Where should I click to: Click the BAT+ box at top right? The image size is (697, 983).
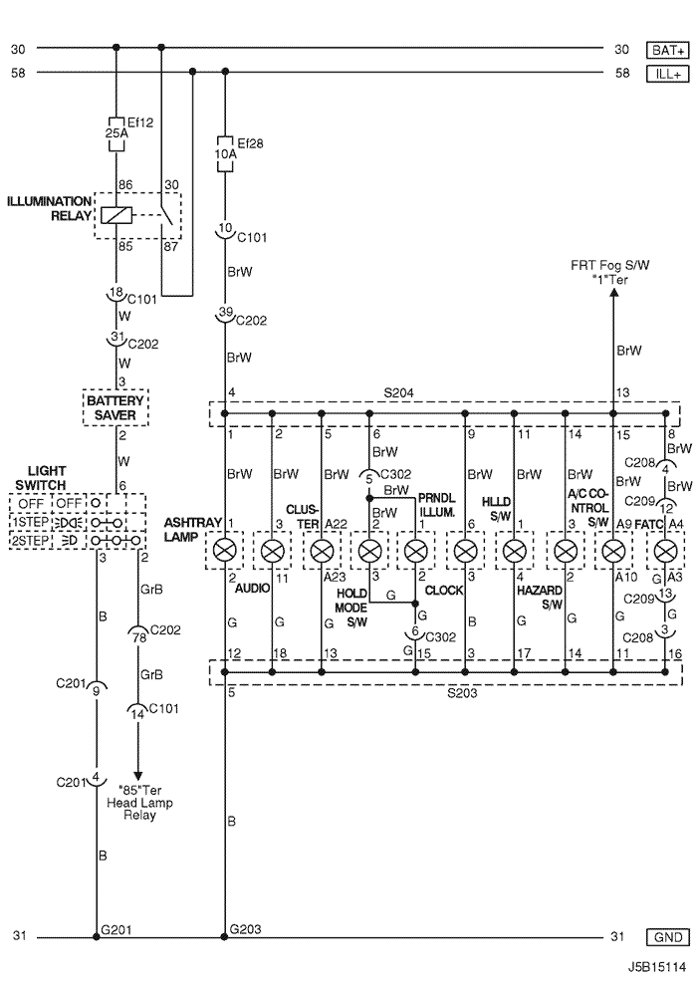[666, 50]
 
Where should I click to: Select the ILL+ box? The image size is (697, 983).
[666, 72]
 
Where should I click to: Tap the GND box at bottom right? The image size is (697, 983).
[666, 937]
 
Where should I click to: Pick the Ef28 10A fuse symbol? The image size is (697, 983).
[225, 153]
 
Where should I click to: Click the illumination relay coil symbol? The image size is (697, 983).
[116, 214]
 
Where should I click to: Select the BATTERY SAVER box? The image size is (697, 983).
[116, 406]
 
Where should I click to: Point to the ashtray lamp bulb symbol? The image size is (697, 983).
[225, 549]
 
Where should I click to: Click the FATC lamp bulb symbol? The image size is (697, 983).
[664, 549]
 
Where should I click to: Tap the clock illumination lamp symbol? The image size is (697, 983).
[416, 549]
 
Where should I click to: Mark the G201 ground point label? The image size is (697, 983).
[116, 928]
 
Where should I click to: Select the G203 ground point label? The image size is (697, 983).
[245, 928]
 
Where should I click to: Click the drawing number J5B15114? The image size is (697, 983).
[656, 967]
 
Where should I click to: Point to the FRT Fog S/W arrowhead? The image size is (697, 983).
[612, 300]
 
